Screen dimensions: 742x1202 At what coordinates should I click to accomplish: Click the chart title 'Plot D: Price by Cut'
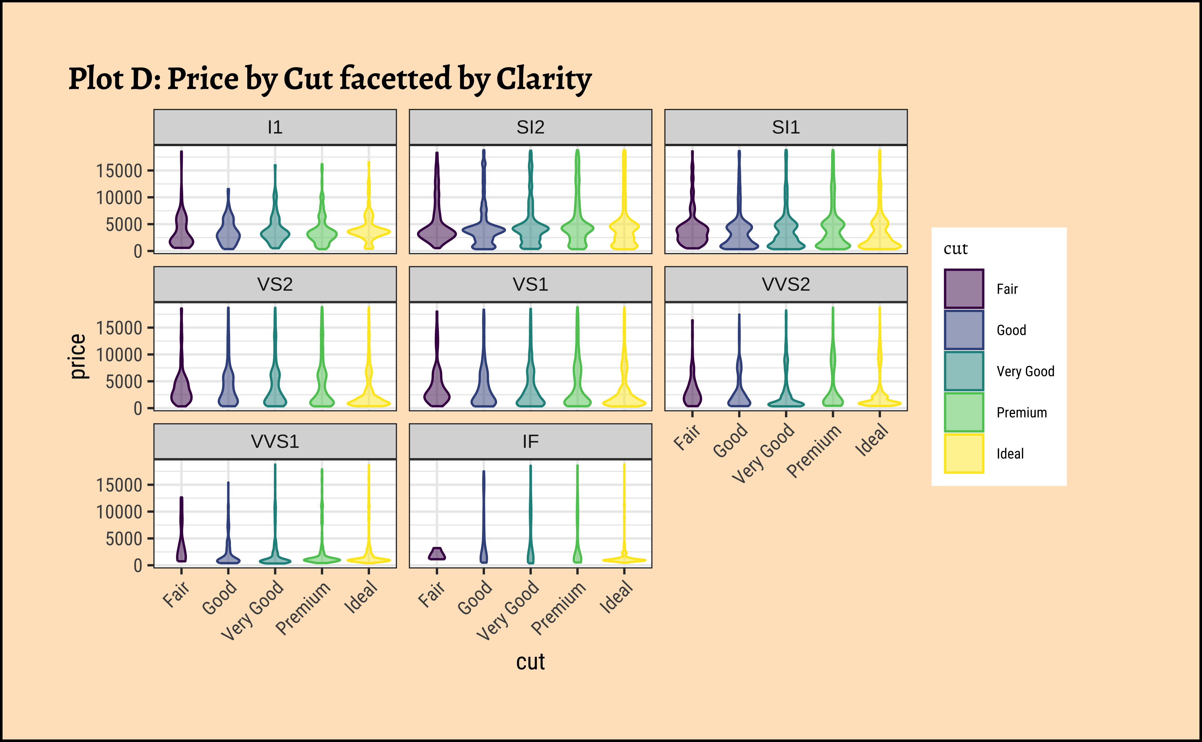tap(330, 79)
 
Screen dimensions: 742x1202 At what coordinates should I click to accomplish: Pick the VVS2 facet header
tap(786, 284)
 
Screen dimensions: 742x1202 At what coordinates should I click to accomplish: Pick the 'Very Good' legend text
tap(1025, 371)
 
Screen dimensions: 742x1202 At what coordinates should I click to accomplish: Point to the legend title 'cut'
tap(955, 249)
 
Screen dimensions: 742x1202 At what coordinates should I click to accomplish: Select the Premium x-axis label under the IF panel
tap(559, 608)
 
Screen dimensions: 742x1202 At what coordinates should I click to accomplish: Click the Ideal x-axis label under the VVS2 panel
tap(872, 440)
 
